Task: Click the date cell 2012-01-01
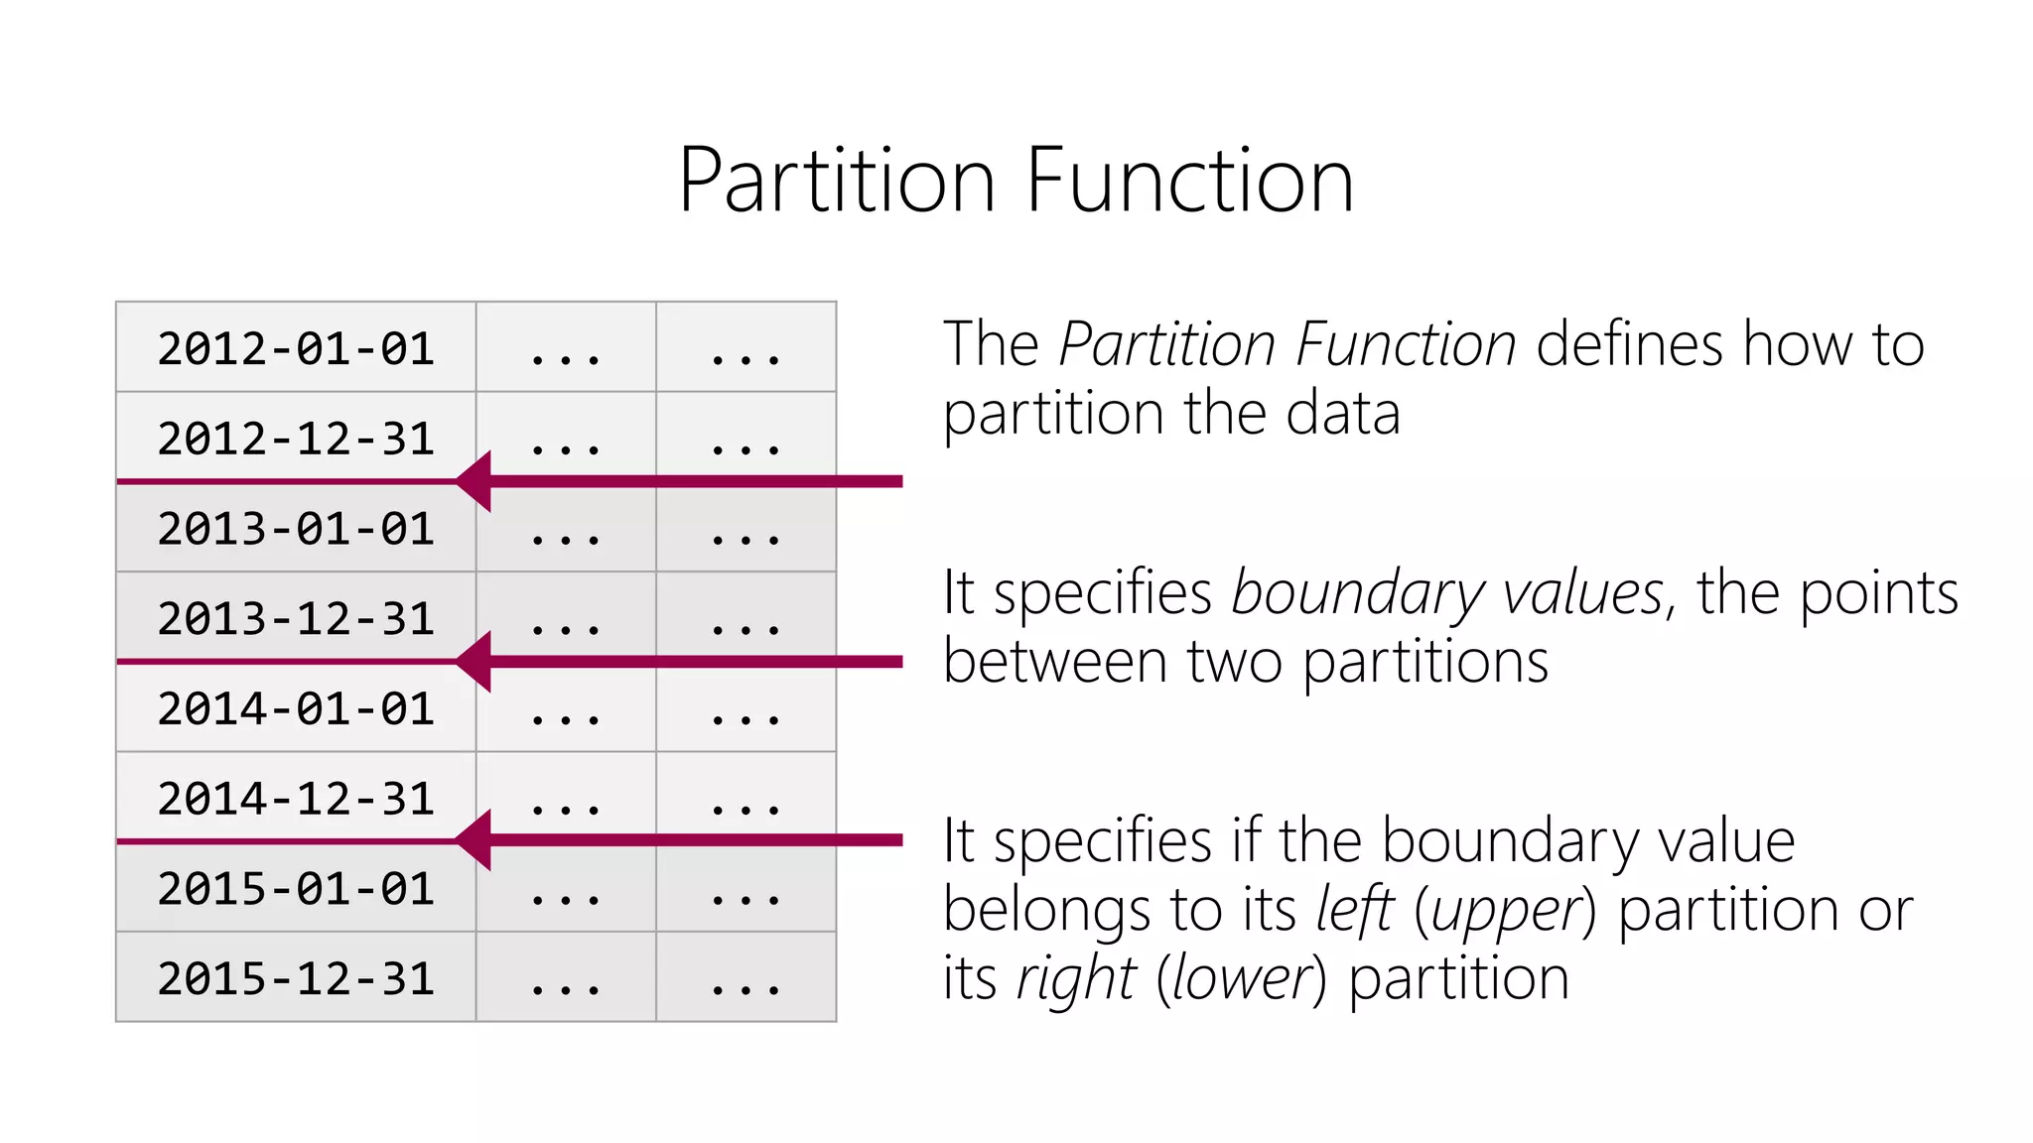[296, 348]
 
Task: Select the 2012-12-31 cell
[296, 439]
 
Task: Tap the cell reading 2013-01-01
[296, 529]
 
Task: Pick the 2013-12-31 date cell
[296, 619]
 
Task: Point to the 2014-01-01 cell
[296, 708]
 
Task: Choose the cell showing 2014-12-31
[296, 799]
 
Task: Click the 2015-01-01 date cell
[296, 889]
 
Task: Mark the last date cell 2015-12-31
[296, 978]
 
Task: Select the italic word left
[1355, 910]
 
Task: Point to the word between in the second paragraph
[1054, 662]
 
